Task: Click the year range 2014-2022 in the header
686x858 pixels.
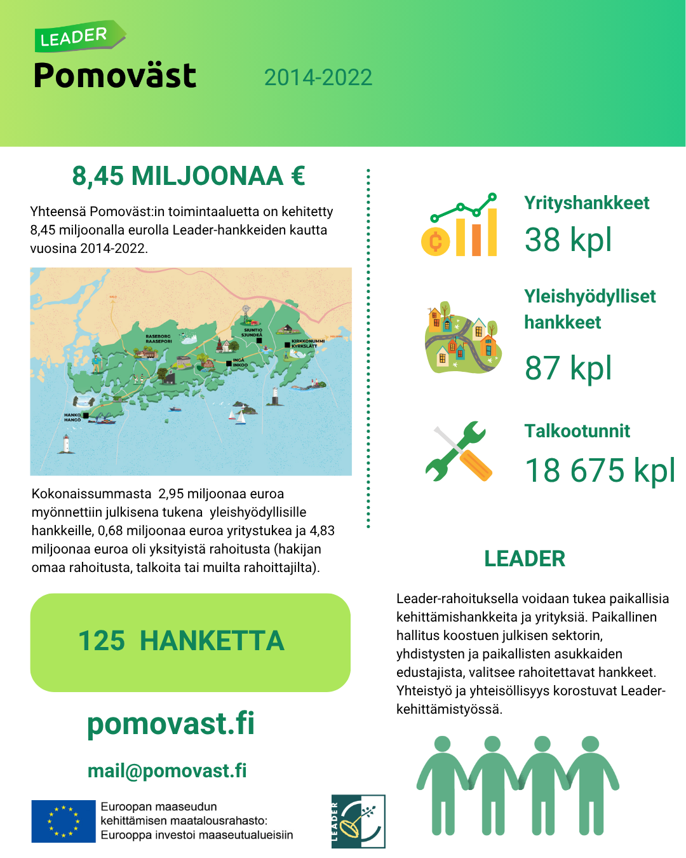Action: tap(318, 78)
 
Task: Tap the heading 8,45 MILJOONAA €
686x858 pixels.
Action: tap(189, 176)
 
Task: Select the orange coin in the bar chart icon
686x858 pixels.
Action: tap(435, 242)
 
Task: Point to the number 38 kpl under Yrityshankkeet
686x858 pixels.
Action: tap(568, 240)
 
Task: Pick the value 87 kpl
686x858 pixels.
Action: tap(568, 368)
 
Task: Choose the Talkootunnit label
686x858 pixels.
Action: tap(577, 431)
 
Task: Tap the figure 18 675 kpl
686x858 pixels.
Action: tap(599, 471)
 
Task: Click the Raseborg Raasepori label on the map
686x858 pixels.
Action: tap(158, 339)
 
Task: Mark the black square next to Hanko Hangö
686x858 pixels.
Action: tap(86, 416)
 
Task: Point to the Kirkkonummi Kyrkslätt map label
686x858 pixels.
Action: tap(307, 343)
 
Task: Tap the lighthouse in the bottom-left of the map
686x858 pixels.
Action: tap(65, 444)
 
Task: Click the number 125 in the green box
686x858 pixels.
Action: tap(102, 641)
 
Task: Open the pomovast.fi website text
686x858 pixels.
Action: tap(170, 723)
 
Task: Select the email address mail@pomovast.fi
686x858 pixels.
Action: tap(167, 770)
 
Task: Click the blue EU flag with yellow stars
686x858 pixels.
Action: tap(64, 821)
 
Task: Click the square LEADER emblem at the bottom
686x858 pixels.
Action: tap(358, 821)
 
